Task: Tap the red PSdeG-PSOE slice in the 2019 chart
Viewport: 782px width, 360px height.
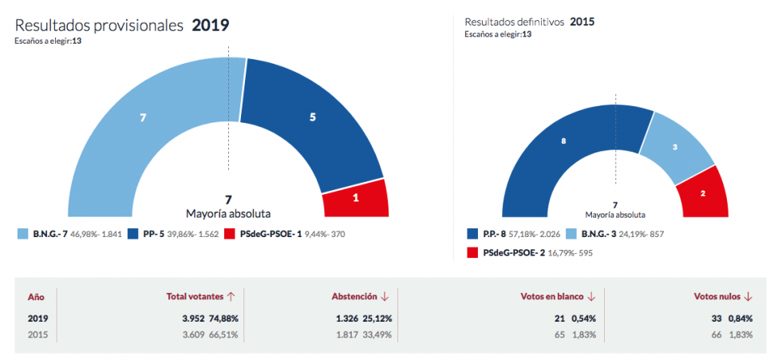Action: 356,198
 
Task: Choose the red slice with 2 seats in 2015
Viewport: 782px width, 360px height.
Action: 703,194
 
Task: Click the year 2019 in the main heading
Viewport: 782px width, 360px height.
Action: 211,25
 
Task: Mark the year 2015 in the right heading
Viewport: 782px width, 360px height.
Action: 582,22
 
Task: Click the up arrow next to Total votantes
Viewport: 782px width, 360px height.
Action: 231,296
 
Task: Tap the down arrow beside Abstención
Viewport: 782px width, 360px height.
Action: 385,296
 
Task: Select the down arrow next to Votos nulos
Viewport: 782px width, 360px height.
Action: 748,296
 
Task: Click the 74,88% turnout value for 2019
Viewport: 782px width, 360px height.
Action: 223,318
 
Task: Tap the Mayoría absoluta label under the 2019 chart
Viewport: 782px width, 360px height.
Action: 227,214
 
